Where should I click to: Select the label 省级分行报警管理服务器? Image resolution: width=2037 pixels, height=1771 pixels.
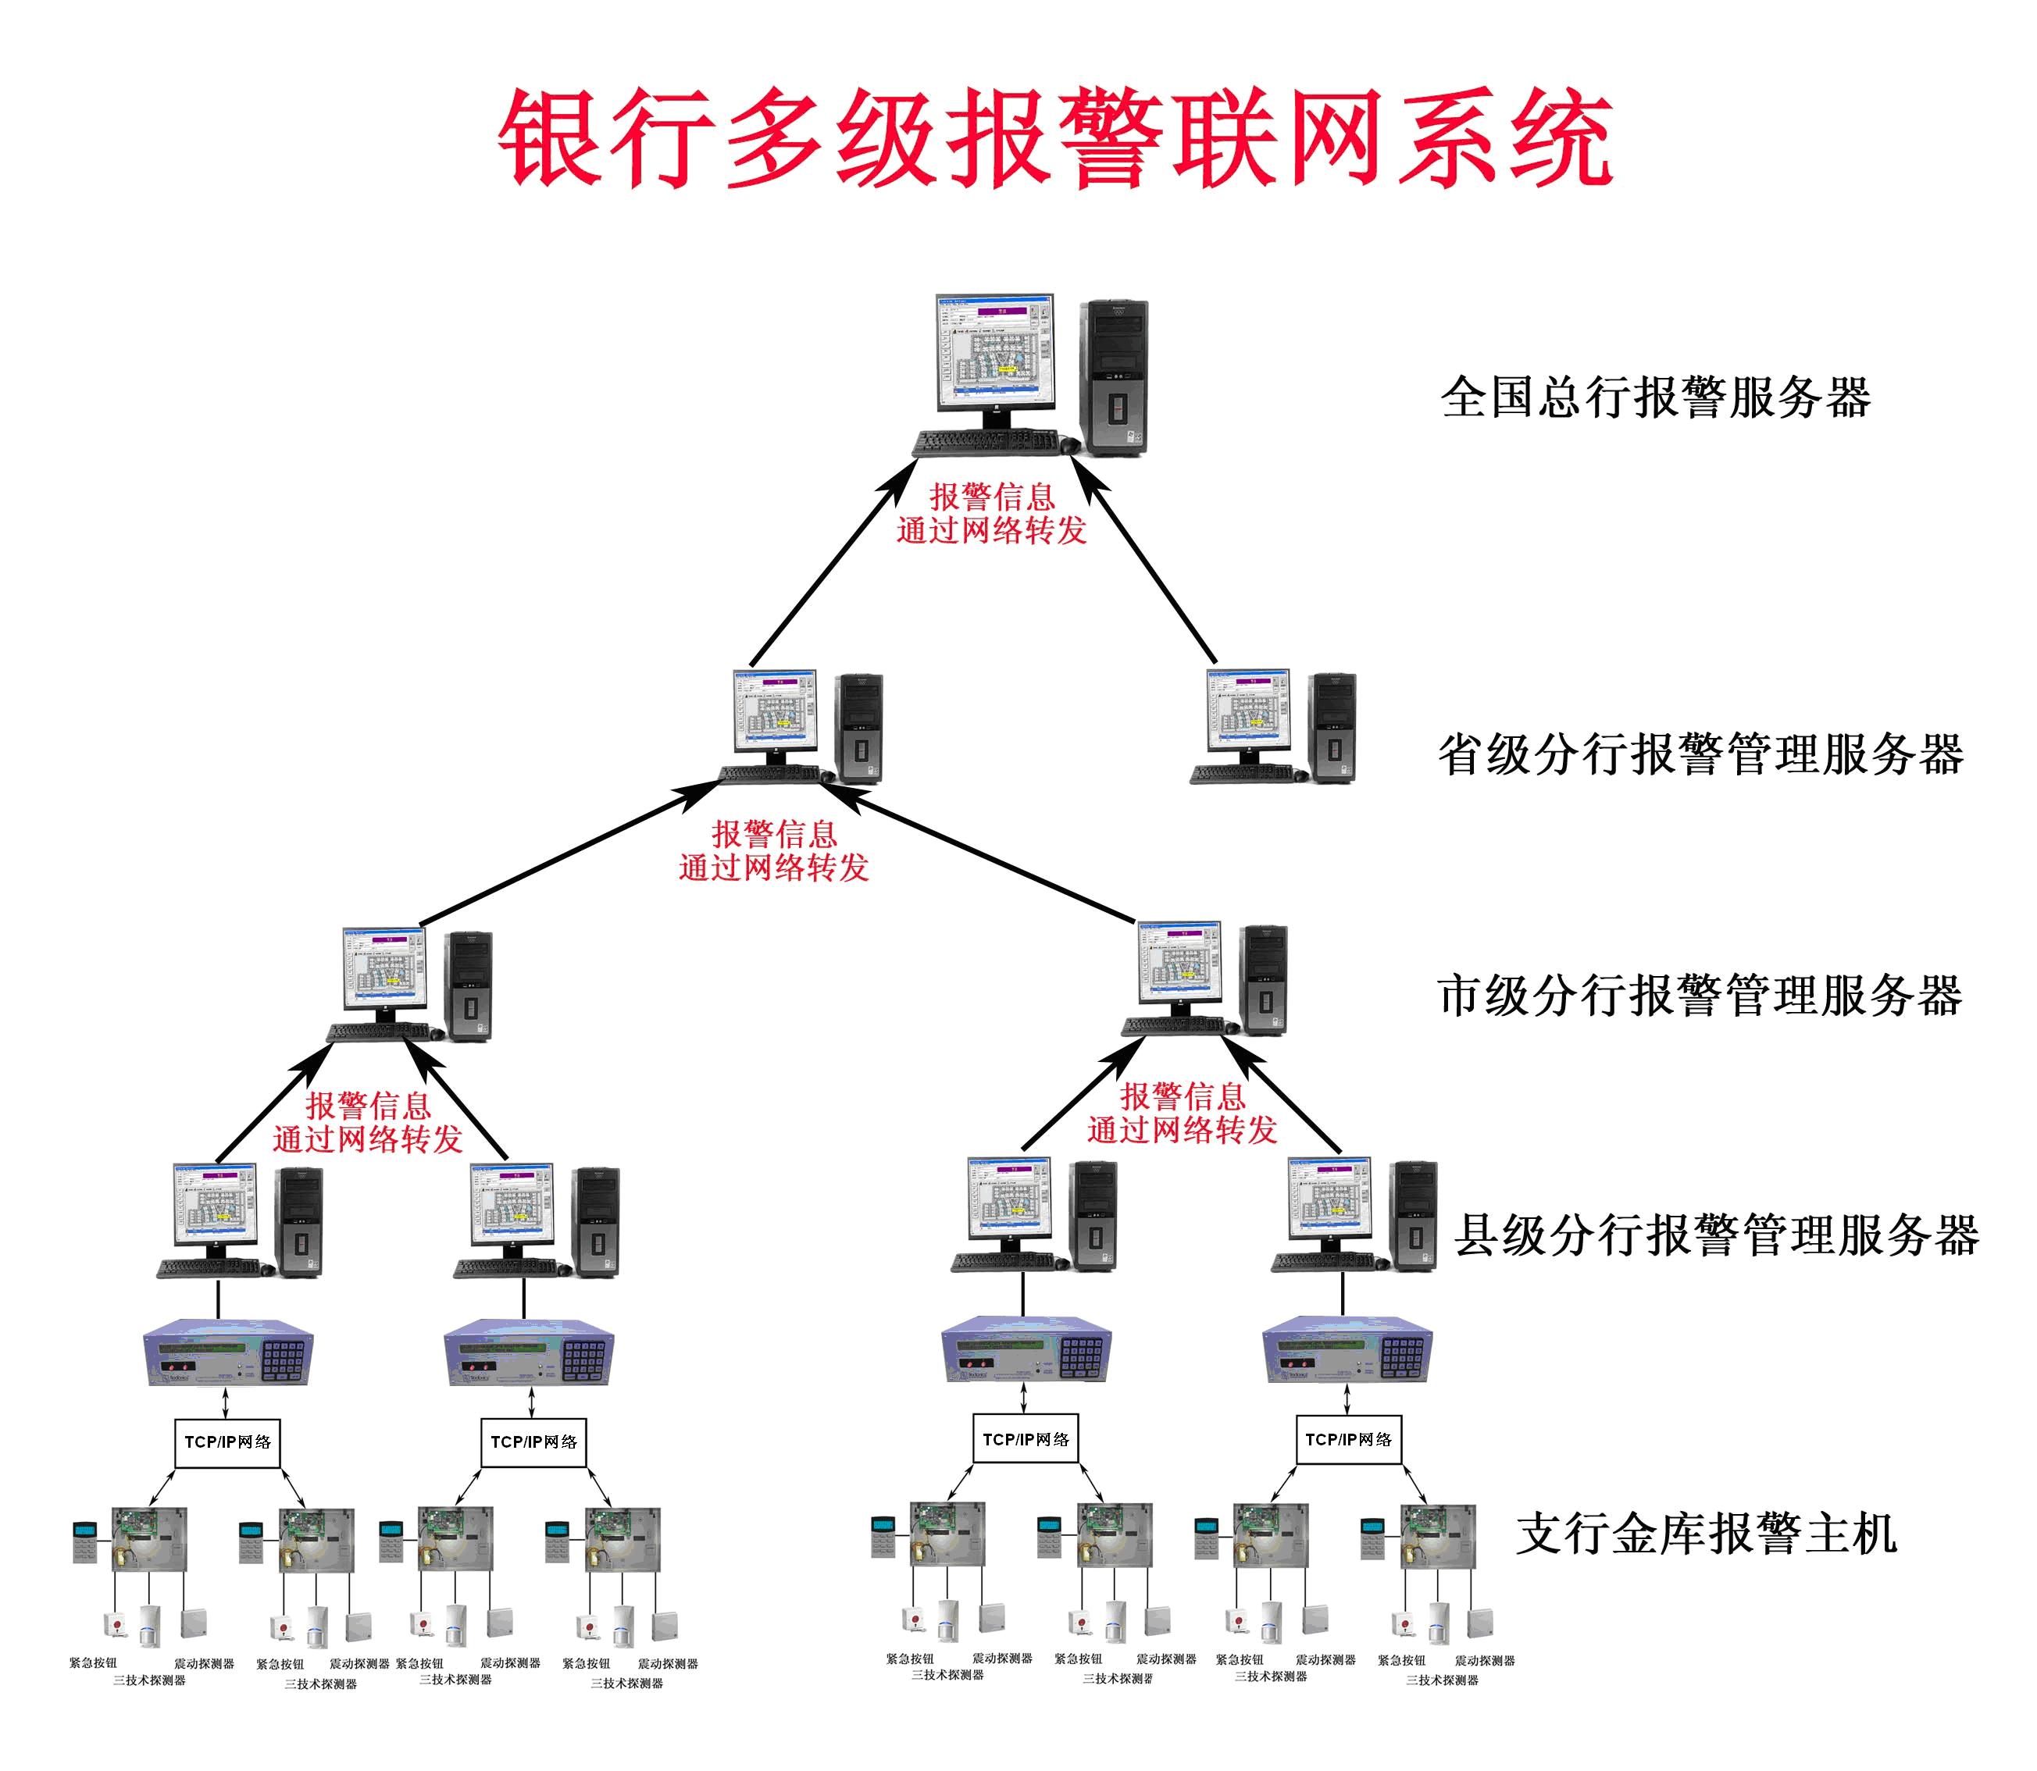click(x=1700, y=754)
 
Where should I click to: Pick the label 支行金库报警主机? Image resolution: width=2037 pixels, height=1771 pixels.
click(x=1706, y=1533)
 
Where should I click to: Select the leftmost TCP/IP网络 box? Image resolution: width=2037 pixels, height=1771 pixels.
click(x=227, y=1442)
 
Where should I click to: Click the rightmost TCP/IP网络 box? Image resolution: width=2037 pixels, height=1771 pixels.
click(x=1348, y=1439)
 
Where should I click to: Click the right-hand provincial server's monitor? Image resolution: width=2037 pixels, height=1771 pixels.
click(x=1248, y=710)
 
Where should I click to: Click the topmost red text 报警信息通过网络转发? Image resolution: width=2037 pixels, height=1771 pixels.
click(x=991, y=514)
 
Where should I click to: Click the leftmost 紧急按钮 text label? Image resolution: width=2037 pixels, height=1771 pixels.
click(x=93, y=1662)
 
